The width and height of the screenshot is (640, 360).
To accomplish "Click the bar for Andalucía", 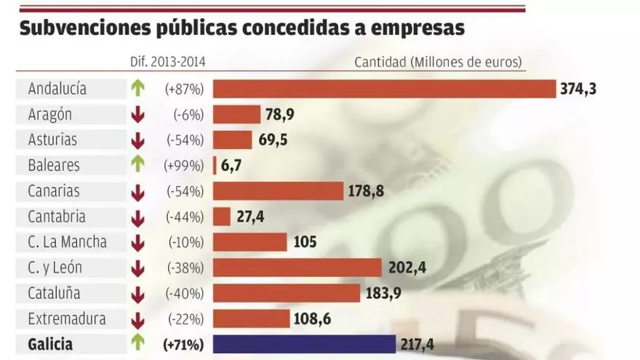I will click(384, 89).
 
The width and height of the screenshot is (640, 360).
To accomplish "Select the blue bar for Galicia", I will click(303, 344).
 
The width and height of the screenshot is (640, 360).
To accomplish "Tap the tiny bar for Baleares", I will click(215, 165).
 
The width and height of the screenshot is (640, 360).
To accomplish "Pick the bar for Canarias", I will click(278, 191).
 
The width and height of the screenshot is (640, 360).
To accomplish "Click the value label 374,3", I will click(578, 89).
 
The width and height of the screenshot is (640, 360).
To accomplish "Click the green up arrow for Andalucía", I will click(137, 89).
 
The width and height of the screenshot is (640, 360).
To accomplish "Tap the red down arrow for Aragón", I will click(137, 115).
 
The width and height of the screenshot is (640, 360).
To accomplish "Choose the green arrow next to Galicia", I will click(137, 343).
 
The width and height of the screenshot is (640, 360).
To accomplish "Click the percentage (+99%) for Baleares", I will click(185, 166).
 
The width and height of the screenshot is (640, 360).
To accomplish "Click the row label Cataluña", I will click(54, 293).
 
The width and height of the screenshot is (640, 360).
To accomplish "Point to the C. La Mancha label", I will click(67, 242).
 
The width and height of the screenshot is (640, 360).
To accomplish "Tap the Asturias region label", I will click(52, 140).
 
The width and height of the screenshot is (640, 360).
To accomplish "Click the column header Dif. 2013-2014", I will click(167, 62).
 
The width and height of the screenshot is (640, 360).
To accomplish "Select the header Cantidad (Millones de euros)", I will click(439, 62).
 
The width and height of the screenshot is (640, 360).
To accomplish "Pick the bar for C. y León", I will click(297, 268).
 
